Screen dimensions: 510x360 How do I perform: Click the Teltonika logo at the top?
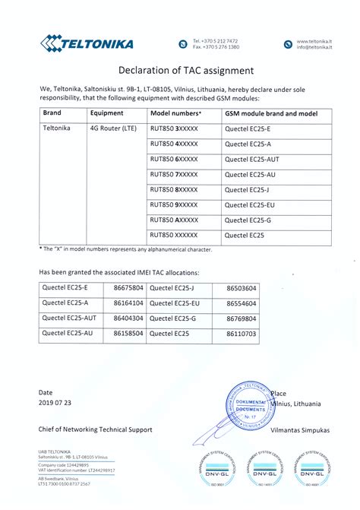click(87, 43)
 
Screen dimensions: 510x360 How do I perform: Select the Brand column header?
click(52, 112)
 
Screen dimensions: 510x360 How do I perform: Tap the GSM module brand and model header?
click(270, 112)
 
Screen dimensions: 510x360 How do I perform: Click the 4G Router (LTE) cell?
click(113, 128)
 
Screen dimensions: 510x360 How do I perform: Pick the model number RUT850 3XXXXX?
click(174, 128)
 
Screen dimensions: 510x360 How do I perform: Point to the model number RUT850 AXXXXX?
click(174, 220)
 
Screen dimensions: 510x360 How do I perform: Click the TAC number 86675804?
click(128, 288)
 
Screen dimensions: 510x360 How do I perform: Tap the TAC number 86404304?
click(128, 318)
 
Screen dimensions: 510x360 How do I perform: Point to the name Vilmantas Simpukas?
click(300, 429)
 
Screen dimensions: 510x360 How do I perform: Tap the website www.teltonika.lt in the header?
click(314, 40)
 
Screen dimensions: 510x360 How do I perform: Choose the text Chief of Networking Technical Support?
click(96, 429)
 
